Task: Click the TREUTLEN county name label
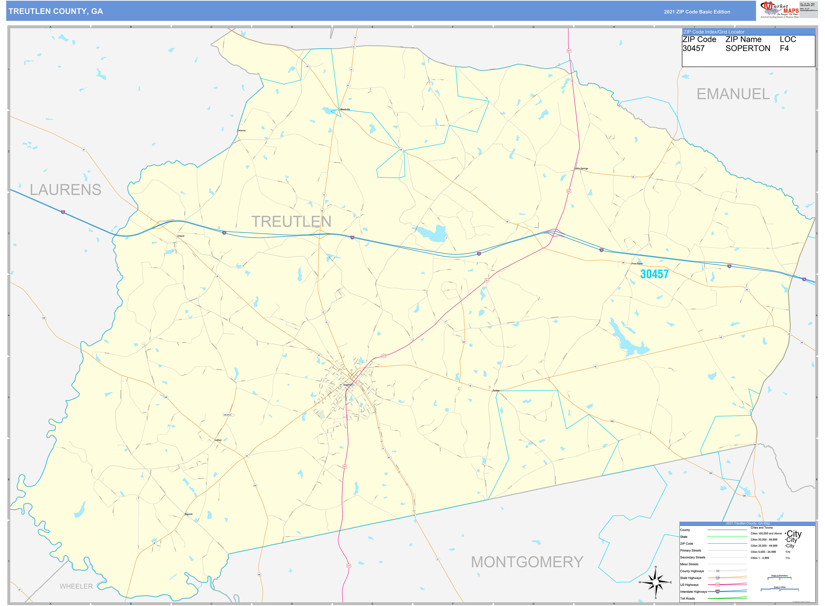coord(291,222)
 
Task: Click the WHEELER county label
coord(76,586)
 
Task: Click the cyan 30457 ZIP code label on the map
coord(654,274)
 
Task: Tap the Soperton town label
coord(348,385)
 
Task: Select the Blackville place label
coord(345,109)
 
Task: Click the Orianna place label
coord(241,131)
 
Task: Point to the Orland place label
coord(181,236)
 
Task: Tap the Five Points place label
coord(637,263)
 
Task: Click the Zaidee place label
coord(496,391)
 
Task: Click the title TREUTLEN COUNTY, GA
coord(56,11)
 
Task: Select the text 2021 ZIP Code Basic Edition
coord(697,12)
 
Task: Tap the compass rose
coord(656,582)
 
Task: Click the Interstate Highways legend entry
coord(693,592)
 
